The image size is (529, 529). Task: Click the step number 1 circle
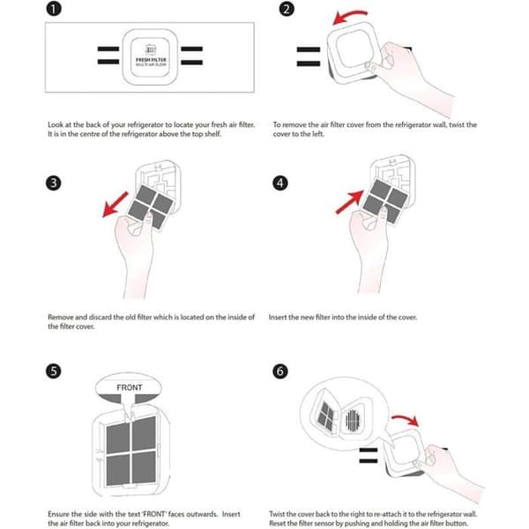pyautogui.click(x=54, y=9)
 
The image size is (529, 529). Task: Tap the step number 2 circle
pyautogui.click(x=287, y=9)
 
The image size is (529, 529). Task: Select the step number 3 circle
pyautogui.click(x=53, y=183)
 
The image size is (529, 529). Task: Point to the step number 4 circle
pyautogui.click(x=280, y=183)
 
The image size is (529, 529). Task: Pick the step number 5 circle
pyautogui.click(x=53, y=371)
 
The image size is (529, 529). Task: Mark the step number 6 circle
pyautogui.click(x=280, y=371)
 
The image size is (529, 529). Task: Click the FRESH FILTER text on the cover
pyautogui.click(x=151, y=60)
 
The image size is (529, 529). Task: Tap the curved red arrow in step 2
pyautogui.click(x=348, y=15)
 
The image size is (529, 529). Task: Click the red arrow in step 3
pyautogui.click(x=115, y=205)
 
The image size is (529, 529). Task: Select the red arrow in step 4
pyautogui.click(x=350, y=202)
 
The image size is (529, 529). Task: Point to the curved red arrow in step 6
pyautogui.click(x=406, y=420)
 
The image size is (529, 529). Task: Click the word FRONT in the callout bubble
pyautogui.click(x=130, y=388)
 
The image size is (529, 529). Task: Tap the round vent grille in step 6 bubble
pyautogui.click(x=353, y=420)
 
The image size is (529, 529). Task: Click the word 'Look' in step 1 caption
pyautogui.click(x=56, y=125)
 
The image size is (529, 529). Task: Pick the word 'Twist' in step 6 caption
pyautogui.click(x=278, y=514)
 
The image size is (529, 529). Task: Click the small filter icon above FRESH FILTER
pyautogui.click(x=151, y=49)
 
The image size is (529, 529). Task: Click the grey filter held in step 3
pyautogui.click(x=151, y=206)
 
